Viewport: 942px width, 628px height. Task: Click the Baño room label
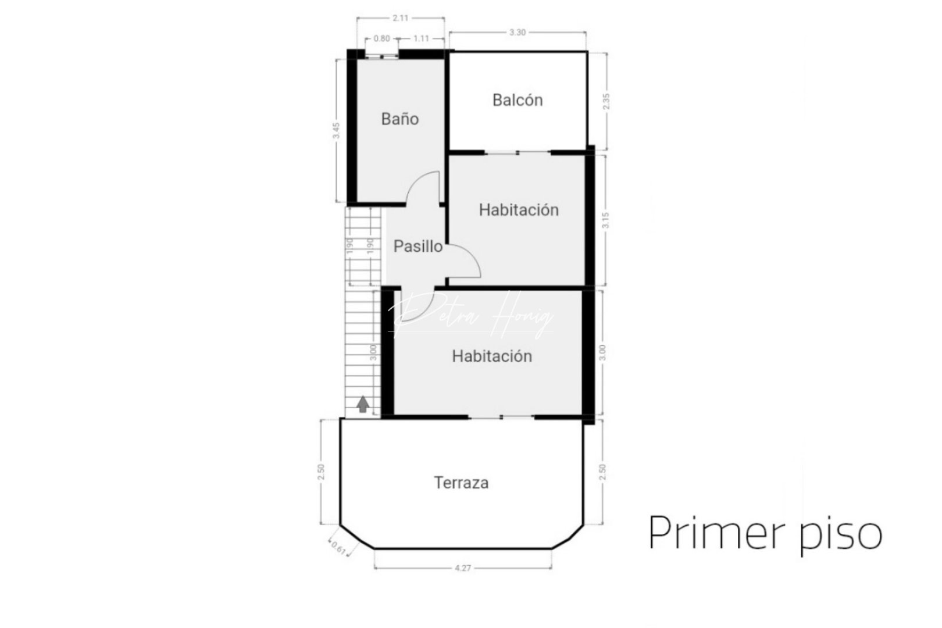coord(400,119)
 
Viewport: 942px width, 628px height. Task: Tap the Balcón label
coord(518,100)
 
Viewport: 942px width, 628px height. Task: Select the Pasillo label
coord(418,247)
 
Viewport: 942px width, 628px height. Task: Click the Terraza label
coord(461,483)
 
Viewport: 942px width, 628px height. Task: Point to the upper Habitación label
coord(519,210)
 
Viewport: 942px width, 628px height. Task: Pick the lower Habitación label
coord(492,356)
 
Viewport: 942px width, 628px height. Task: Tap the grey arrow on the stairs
coord(363,404)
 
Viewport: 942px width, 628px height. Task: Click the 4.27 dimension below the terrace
coord(463,568)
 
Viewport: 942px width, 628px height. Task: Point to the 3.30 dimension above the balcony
coord(518,33)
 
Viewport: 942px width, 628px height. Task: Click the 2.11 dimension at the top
coord(400,18)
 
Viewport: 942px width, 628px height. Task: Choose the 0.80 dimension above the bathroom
coord(381,39)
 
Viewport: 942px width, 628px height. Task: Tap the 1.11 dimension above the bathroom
coord(421,39)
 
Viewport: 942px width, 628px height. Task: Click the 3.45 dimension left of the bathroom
coord(336,130)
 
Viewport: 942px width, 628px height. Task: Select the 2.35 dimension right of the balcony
coord(606,102)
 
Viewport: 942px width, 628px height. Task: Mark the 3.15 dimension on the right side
coord(606,220)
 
